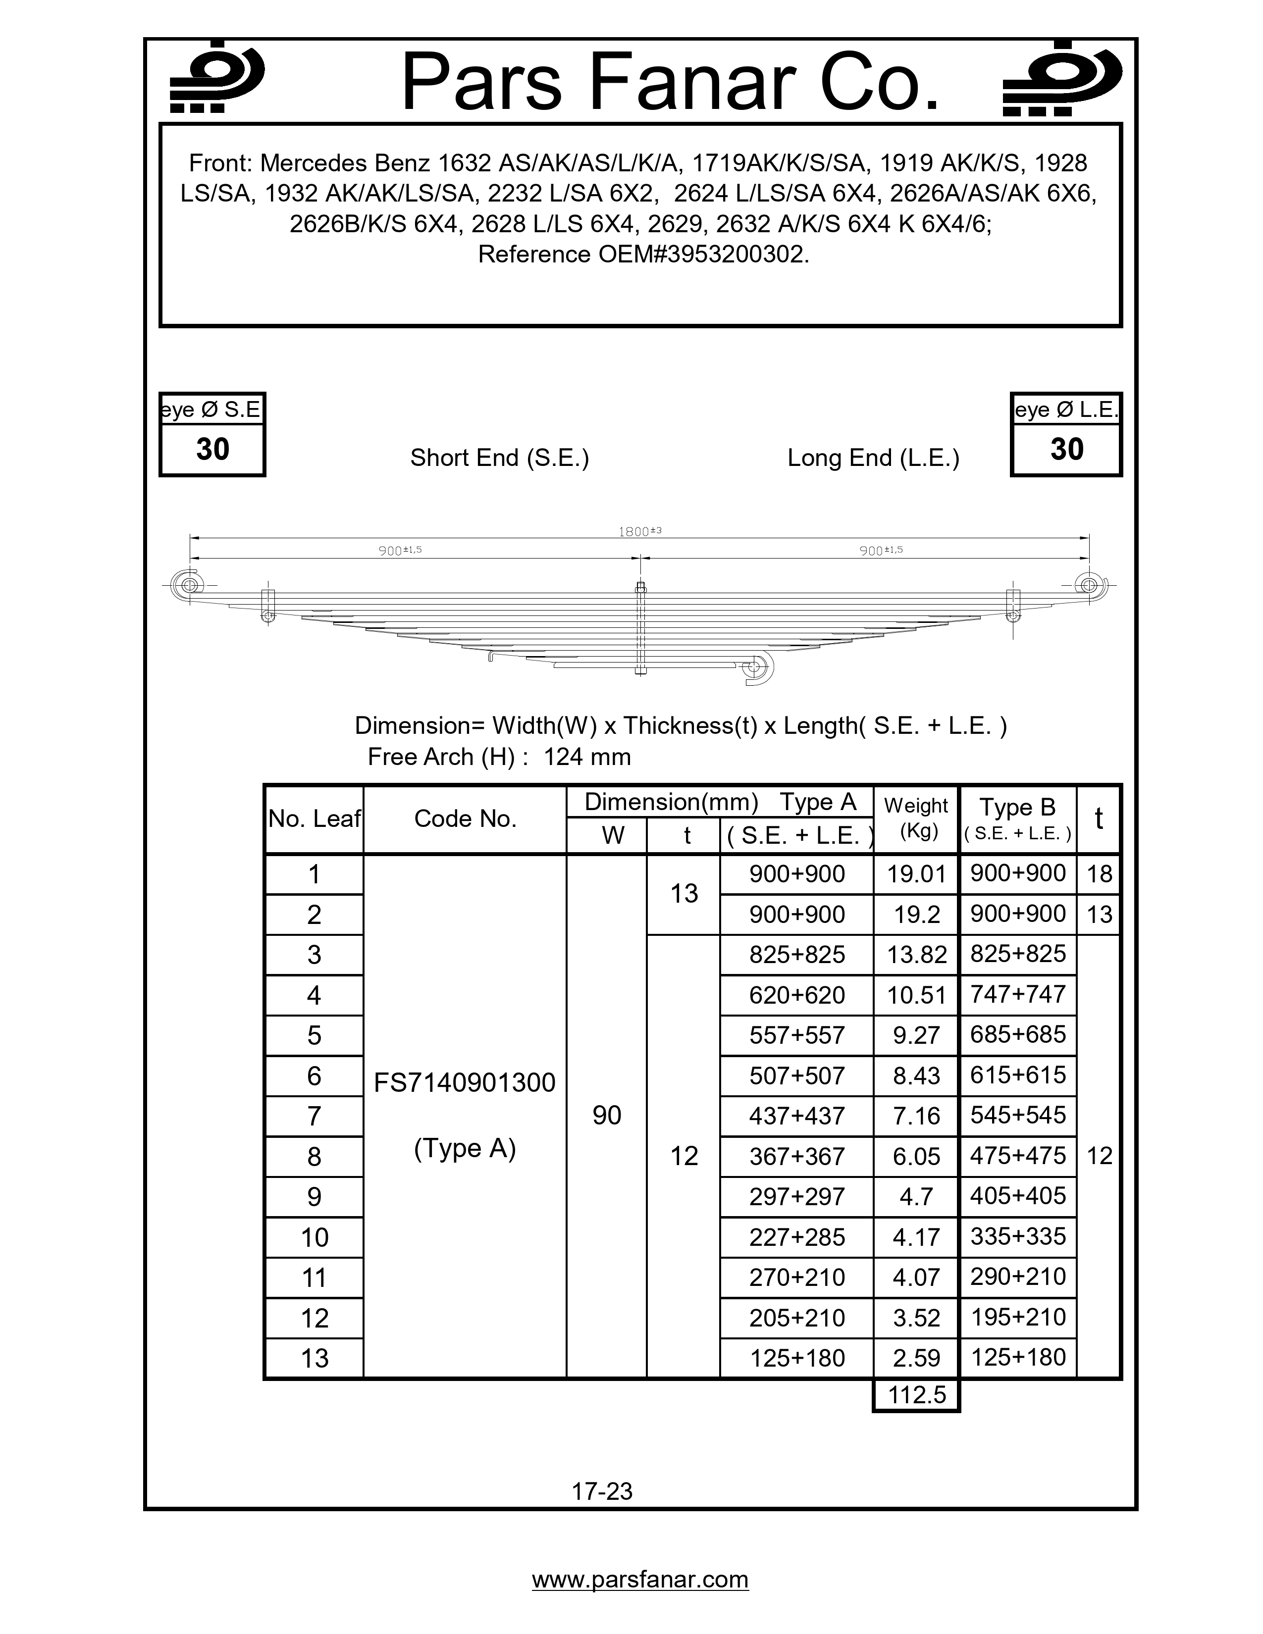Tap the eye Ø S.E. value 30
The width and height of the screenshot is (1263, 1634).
coord(212,450)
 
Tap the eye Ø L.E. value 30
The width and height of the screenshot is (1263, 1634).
coord(1066,450)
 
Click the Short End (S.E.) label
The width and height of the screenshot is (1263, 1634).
coord(499,458)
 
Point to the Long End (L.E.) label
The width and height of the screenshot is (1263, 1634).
coord(873,458)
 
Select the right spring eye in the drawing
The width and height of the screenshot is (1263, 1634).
coord(1090,584)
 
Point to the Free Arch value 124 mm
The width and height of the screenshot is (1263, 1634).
coord(586,757)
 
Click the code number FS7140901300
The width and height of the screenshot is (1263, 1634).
coord(465,1082)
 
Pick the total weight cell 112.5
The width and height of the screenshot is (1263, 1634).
coord(917,1394)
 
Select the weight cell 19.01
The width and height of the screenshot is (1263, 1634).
coord(917,874)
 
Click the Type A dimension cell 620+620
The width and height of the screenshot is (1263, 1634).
coord(797,995)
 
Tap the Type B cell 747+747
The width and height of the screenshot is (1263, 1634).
coord(1018,994)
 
